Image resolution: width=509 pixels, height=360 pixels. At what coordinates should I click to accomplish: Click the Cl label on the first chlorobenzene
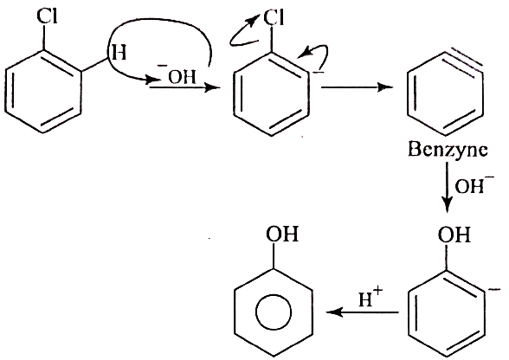pos(47,16)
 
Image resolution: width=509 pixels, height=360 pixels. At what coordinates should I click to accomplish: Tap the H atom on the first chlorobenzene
pos(119,53)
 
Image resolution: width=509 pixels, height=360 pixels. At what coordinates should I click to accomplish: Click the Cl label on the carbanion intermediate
pos(274,17)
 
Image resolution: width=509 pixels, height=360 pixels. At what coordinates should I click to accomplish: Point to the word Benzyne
pos(448,150)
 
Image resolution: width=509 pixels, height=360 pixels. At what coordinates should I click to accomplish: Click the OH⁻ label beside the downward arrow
pos(474,185)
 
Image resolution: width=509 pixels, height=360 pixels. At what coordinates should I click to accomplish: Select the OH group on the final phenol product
pos(282,234)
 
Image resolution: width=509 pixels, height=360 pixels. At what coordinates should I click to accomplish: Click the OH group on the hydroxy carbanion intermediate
pos(454,235)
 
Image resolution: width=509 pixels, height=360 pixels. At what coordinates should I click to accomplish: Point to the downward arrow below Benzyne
pos(448,187)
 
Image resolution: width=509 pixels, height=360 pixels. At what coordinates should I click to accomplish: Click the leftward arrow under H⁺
pos(363,312)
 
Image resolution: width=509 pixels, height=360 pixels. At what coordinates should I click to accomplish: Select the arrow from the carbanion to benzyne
pos(357,87)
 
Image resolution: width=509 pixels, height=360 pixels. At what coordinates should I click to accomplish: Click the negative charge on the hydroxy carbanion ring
pos(494,290)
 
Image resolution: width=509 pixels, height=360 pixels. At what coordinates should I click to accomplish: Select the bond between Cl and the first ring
pos(44,38)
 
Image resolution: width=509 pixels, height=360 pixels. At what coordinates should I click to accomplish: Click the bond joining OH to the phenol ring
pos(274,256)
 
